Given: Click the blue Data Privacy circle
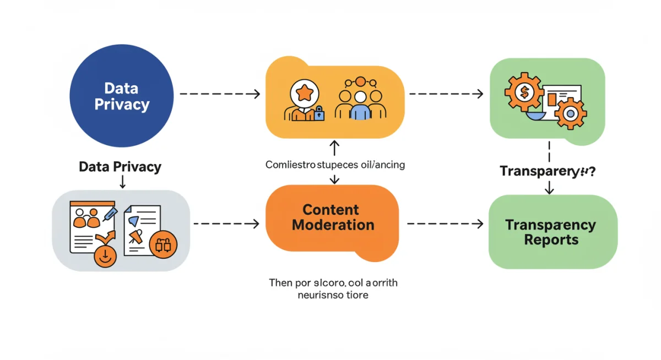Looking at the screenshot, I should point(122,96).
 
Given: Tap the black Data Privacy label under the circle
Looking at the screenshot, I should point(120,167).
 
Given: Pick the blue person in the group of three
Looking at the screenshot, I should point(360,107).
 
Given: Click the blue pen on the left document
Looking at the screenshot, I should point(111,212).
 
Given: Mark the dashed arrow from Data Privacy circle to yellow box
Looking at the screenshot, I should point(220,94).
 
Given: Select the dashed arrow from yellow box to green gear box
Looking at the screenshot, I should point(446,94).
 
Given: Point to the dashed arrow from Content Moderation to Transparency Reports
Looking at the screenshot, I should point(445,224).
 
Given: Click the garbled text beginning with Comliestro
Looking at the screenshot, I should point(335,165).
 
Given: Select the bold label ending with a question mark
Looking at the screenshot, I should point(547,171).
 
